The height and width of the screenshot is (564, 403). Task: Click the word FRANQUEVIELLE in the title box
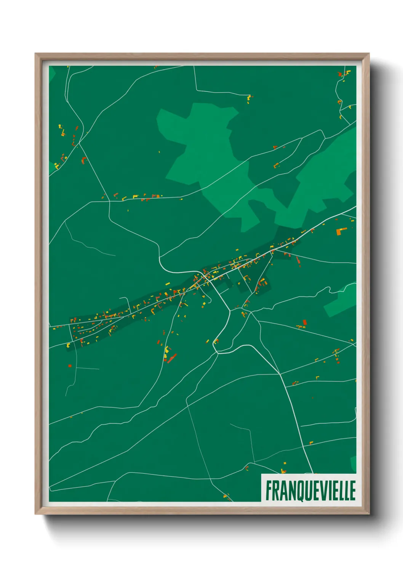pos(310,490)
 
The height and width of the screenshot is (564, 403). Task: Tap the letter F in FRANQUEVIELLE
pos(269,490)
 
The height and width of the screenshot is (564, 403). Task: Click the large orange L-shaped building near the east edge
pos(341,231)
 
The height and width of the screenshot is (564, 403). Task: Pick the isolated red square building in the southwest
pos(70,366)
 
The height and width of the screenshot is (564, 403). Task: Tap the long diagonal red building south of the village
pos(172,358)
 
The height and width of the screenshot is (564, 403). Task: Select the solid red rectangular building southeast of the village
pos(305,322)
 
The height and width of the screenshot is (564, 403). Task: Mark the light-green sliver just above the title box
pos(353,464)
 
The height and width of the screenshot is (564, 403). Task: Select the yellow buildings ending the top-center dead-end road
pos(249,99)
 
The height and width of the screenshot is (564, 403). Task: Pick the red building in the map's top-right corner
pos(340,75)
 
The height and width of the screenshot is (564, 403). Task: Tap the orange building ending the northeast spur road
pos(276,166)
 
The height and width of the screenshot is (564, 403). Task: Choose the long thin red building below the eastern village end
pos(298,261)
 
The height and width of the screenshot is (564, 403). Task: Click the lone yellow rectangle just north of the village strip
pos(167,284)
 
